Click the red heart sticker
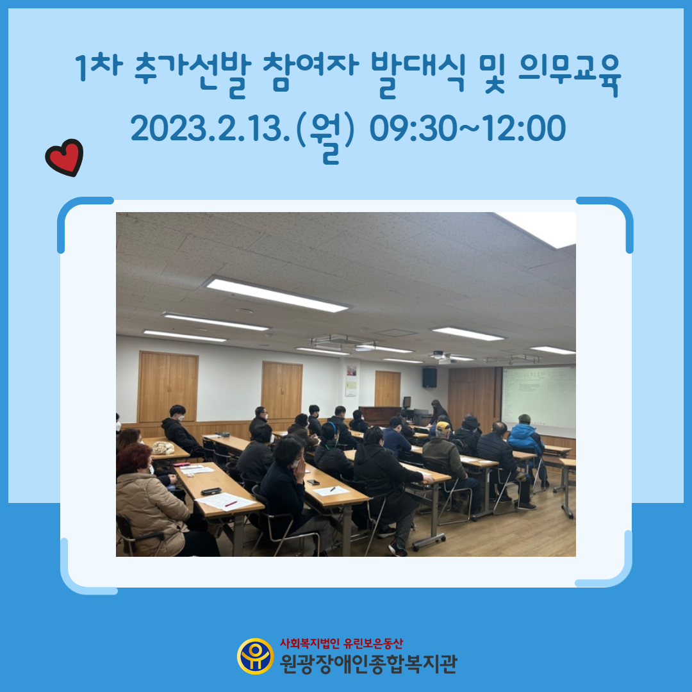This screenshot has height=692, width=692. pos(65,158)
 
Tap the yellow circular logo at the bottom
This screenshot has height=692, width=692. pos(255,656)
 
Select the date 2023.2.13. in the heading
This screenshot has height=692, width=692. pos(210,129)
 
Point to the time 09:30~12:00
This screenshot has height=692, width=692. pos(467,129)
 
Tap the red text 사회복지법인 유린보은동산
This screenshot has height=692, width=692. pos(341,643)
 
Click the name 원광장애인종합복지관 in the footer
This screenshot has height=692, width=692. pos(368,663)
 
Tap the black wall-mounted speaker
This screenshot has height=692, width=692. pos(429,378)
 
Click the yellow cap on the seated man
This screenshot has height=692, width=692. pos(443,427)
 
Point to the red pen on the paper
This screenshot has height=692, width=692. pos(231,504)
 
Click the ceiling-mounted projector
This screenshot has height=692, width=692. pos(447,358)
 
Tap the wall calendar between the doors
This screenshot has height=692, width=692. pos(351,381)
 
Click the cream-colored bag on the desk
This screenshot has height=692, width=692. pos(163,447)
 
